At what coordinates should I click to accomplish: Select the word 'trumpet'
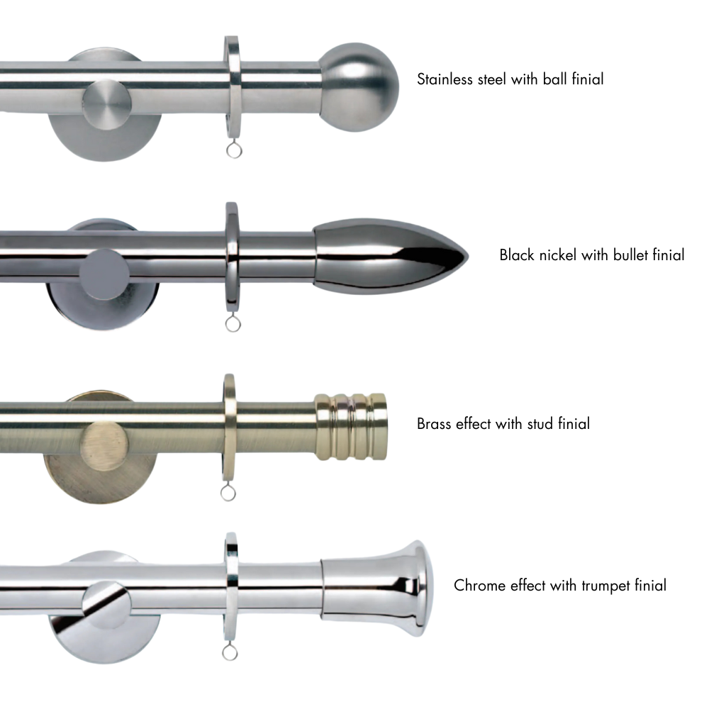(x=602, y=586)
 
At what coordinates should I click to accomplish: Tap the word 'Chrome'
(x=476, y=586)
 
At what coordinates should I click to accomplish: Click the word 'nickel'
(x=557, y=255)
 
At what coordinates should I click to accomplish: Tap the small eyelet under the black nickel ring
(x=233, y=324)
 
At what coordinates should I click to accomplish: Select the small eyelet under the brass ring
(x=228, y=490)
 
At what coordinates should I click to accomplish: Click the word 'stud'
(x=541, y=424)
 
